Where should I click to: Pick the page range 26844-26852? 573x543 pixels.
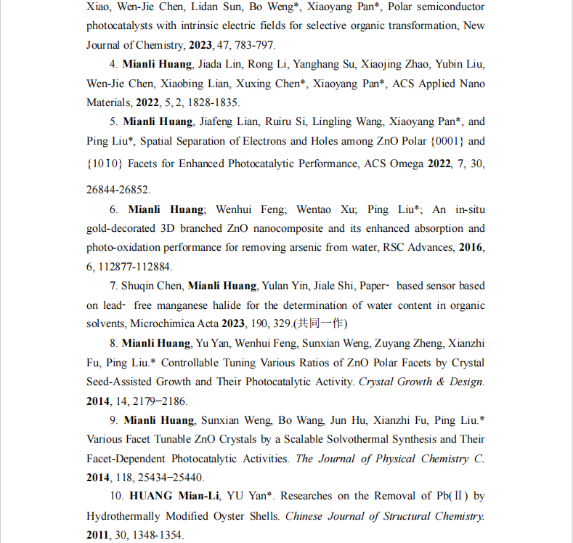pyautogui.click(x=118, y=190)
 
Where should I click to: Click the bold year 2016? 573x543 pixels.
pyautogui.click(x=471, y=248)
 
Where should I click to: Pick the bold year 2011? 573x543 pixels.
pyautogui.click(x=99, y=535)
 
